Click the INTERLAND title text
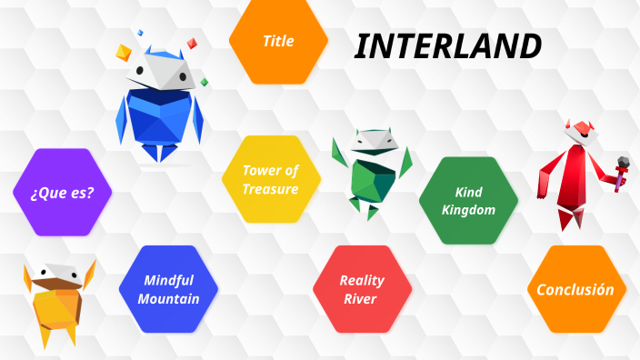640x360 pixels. click(x=447, y=46)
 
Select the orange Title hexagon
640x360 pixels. click(x=278, y=41)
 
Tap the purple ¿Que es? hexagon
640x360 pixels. click(x=63, y=192)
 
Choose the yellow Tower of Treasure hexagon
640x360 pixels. click(x=270, y=179)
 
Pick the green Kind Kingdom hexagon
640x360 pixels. click(x=468, y=200)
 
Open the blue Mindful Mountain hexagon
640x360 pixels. click(x=171, y=289)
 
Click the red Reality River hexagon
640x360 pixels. click(x=362, y=289)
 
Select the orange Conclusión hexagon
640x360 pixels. click(x=575, y=289)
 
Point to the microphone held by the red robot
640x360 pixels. click(x=624, y=165)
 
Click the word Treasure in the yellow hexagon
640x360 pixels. click(x=270, y=189)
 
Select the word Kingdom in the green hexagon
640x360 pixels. click(x=468, y=210)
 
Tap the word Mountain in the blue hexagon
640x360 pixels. click(x=171, y=298)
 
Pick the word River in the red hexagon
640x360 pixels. click(x=362, y=298)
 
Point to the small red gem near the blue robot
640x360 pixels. click(x=192, y=43)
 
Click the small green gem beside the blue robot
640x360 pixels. click(x=205, y=82)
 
